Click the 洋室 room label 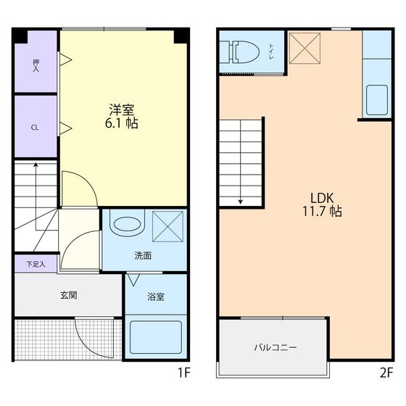[x=122, y=109]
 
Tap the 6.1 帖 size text [x=122, y=123]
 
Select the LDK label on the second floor [x=323, y=197]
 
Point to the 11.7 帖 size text [x=323, y=212]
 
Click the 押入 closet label [x=36, y=65]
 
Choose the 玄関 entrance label [x=68, y=295]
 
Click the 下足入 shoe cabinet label [x=36, y=264]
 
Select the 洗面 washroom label [x=142, y=255]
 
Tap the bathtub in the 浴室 [x=155, y=337]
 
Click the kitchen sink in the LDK [x=376, y=100]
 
